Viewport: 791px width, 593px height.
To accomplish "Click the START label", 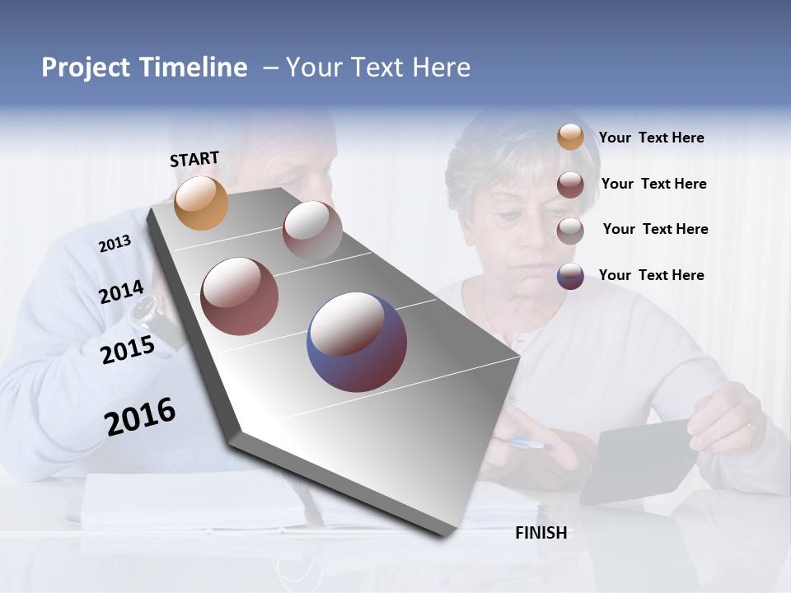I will point(194,159).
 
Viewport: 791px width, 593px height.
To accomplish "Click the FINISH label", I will point(541,533).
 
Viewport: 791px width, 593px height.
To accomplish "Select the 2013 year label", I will point(115,244).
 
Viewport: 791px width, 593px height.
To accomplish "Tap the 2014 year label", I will point(122,292).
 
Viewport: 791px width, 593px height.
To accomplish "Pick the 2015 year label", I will point(128,350).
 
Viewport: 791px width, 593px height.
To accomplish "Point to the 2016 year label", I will point(140,417).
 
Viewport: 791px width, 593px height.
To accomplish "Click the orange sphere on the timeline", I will point(201,203).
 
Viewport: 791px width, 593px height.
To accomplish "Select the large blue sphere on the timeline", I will point(356,341).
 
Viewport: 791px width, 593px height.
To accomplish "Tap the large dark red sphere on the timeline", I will point(239,296).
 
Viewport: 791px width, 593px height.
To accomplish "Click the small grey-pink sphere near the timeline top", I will point(312,230).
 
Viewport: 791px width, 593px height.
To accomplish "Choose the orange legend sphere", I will point(570,138).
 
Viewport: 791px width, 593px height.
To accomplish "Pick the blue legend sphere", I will point(570,275).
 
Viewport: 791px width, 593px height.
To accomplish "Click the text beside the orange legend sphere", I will point(651,138).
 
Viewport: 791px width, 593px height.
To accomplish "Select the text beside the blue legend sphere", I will point(651,275).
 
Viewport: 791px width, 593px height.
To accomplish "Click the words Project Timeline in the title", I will point(144,68).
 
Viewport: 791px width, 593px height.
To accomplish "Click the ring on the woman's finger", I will point(751,427).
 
